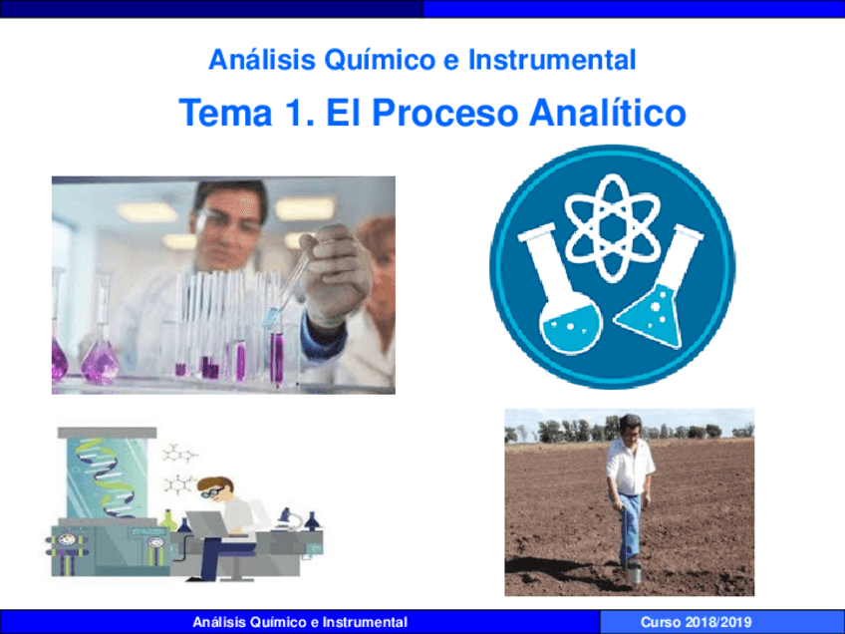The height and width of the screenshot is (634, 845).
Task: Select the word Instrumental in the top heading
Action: pos(552,60)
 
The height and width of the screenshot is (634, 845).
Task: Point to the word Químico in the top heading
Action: pos(380,60)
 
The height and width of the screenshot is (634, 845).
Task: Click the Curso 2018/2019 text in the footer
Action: pos(696,622)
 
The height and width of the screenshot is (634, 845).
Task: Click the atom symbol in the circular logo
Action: pos(613,227)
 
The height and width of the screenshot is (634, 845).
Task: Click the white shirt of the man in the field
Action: pos(629,467)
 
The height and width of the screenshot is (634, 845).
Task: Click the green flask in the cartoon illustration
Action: pos(168,520)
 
